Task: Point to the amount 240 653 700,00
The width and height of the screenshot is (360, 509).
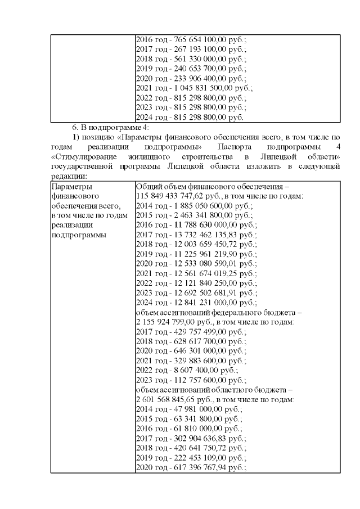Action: click(x=198, y=69)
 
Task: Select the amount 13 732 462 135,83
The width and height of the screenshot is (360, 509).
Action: click(x=204, y=234)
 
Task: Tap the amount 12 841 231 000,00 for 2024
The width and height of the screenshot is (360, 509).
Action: click(x=204, y=301)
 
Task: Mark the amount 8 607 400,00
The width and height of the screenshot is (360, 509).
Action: click(x=193, y=370)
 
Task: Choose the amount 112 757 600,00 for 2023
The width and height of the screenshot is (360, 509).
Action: click(x=198, y=380)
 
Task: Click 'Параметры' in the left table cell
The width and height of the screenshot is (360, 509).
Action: click(x=70, y=186)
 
